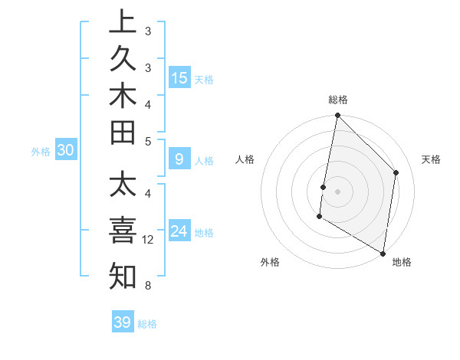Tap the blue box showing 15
(179, 77)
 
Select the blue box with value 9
(179, 159)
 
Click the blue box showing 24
(179, 231)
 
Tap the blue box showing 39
(122, 322)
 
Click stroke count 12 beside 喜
(148, 240)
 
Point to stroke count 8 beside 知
(148, 286)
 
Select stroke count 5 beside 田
(148, 141)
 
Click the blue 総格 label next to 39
(148, 324)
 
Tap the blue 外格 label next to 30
(41, 152)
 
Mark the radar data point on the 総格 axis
(337, 116)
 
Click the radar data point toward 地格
(383, 253)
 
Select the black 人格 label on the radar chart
(245, 159)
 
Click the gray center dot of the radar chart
(337, 191)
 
